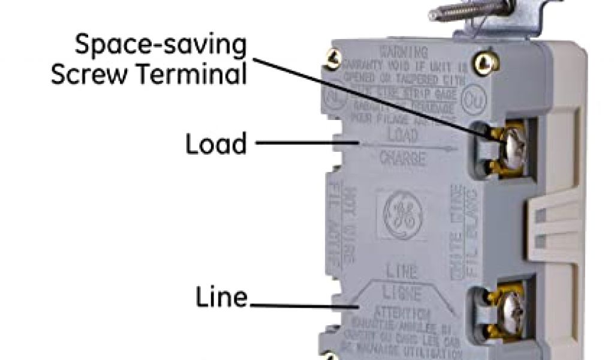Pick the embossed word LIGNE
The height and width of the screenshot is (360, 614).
click(401, 294)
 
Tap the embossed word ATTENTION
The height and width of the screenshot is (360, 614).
click(401, 313)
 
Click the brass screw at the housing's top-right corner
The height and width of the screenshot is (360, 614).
click(480, 61)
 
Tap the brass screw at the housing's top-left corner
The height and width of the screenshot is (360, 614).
click(330, 58)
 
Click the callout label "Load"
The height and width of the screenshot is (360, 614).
click(216, 144)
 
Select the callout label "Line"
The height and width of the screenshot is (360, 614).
click(222, 297)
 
